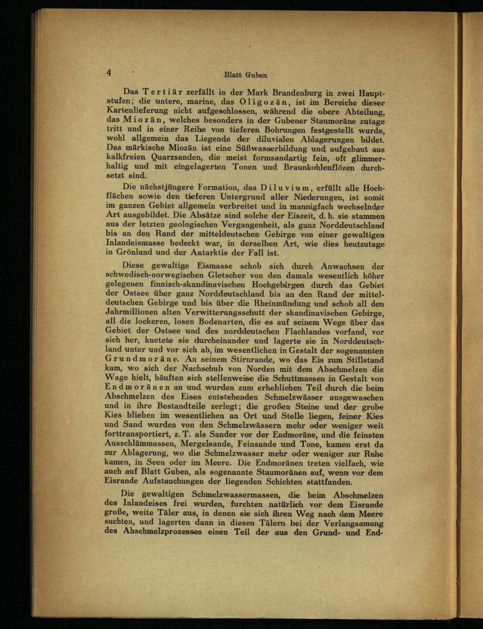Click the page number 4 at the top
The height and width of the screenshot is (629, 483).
click(109, 72)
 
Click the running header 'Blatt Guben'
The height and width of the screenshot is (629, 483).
click(245, 75)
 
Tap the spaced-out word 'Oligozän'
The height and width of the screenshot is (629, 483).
click(262, 102)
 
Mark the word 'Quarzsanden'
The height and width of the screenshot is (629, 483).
click(178, 157)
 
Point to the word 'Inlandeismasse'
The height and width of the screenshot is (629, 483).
click(139, 243)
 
